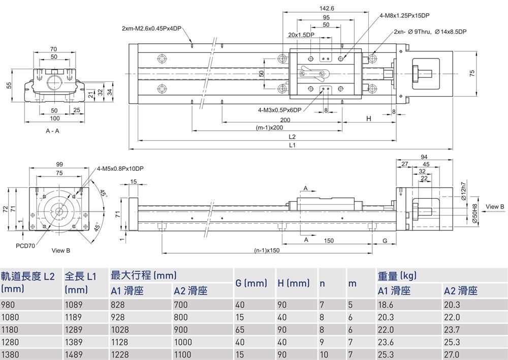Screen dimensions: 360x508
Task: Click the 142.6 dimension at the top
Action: coord(326,8)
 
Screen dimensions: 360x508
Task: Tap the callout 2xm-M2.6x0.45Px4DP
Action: coord(151,28)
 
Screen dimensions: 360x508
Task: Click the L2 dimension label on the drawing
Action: coord(292,137)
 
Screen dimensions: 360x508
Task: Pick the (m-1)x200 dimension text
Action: coord(270,128)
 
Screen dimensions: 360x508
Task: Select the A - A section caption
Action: coord(53,131)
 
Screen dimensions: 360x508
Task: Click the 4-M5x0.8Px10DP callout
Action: coord(120,169)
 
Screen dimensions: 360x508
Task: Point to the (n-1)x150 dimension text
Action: coord(267,250)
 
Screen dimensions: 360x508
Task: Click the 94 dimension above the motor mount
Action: coord(425,157)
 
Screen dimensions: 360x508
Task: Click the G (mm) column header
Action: coord(251,283)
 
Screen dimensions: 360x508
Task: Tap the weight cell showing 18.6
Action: coord(386,305)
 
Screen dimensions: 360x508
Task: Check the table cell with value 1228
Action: coord(121,354)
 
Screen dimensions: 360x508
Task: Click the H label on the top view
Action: coord(369,118)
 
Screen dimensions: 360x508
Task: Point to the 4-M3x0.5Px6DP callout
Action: coord(279,109)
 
